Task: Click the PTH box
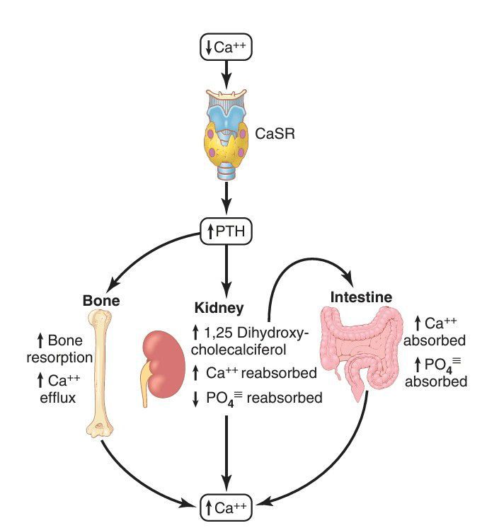[x=226, y=231]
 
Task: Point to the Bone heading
[x=101, y=300]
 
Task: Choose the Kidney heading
[x=219, y=309]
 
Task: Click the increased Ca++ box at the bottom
[x=226, y=506]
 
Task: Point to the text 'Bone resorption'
[x=59, y=349]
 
